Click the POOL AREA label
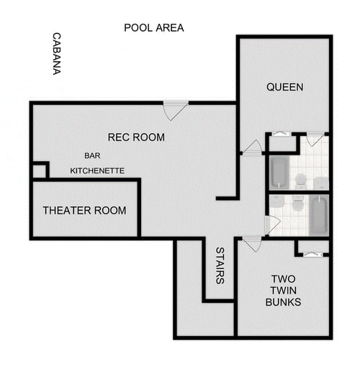[153, 28]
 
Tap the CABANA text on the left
[55, 54]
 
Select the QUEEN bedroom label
[284, 87]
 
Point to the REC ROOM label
[136, 137]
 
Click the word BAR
[92, 155]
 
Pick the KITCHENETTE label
[97, 170]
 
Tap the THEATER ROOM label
[84, 210]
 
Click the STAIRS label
[220, 265]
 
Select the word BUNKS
[283, 302]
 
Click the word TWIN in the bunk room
[284, 291]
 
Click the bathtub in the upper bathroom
[279, 172]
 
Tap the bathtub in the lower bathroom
[318, 215]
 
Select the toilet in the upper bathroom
[300, 179]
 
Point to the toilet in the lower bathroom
[297, 205]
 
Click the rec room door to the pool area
[175, 110]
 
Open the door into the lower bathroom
[271, 224]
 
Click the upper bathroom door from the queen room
[315, 138]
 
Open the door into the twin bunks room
[251, 243]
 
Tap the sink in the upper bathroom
[320, 182]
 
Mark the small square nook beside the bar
[39, 170]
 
